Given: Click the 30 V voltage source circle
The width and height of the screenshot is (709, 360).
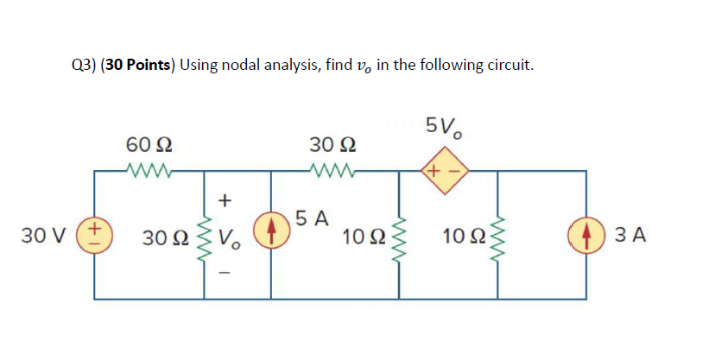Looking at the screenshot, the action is (94, 234).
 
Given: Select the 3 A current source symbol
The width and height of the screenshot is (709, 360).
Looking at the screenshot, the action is (586, 235).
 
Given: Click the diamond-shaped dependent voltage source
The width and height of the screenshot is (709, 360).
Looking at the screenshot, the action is (445, 171).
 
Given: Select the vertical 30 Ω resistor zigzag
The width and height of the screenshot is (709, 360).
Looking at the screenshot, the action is (204, 239).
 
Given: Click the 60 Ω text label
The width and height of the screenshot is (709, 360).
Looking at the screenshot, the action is (149, 145).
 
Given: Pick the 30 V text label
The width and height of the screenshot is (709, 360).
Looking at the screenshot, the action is (44, 235).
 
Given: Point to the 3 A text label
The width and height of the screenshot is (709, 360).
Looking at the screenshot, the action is (630, 235).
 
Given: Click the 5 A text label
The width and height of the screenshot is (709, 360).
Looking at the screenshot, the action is (312, 218).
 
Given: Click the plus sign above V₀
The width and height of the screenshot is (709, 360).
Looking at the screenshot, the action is (225, 199).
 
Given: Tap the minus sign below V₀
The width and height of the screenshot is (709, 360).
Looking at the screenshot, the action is (225, 272).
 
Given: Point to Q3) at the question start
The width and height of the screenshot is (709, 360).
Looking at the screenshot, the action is (85, 66).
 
